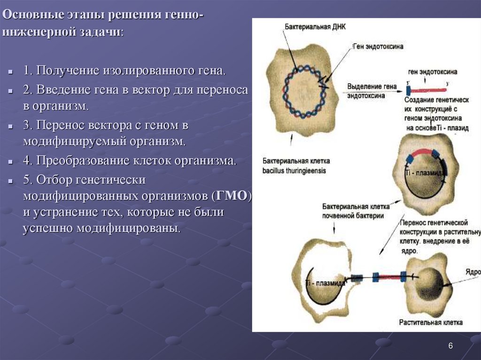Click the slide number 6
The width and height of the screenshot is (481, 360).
click(450, 346)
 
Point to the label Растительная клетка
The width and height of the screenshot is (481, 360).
click(431, 322)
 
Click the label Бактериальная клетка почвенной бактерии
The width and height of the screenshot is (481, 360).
click(353, 211)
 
